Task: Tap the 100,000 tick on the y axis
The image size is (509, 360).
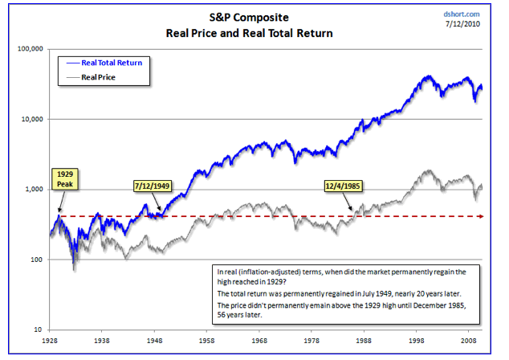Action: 28,49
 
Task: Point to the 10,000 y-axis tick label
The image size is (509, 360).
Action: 30,119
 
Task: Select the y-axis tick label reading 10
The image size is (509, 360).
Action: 38,329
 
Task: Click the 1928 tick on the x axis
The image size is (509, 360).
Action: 50,342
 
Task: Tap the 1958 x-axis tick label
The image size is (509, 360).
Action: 207,342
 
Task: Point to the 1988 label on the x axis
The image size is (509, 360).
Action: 364,342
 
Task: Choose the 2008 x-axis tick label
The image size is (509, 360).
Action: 470,342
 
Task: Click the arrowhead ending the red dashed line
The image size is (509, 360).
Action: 481,216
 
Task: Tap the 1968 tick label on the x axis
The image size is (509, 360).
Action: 260,342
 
